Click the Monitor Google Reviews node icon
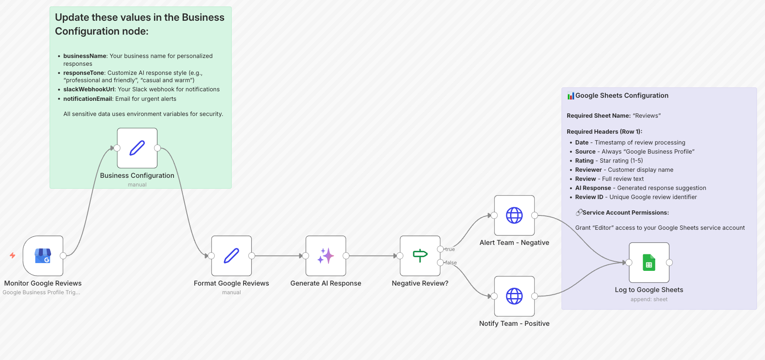point(43,256)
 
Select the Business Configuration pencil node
point(137,148)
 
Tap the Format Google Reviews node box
point(231,256)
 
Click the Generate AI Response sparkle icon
point(326,256)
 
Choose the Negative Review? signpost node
point(420,256)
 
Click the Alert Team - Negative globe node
point(514,215)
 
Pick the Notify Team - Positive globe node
point(514,296)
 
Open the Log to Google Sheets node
point(649,263)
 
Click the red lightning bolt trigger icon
point(13,255)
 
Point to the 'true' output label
point(450,249)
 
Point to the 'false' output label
point(451,263)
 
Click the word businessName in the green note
point(85,56)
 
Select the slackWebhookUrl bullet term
point(89,89)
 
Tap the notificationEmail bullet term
point(88,99)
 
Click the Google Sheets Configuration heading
point(622,96)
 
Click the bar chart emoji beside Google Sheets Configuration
point(571,96)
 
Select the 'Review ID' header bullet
point(589,197)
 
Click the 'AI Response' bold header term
point(593,188)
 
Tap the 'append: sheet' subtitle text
point(649,299)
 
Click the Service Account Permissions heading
point(625,212)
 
